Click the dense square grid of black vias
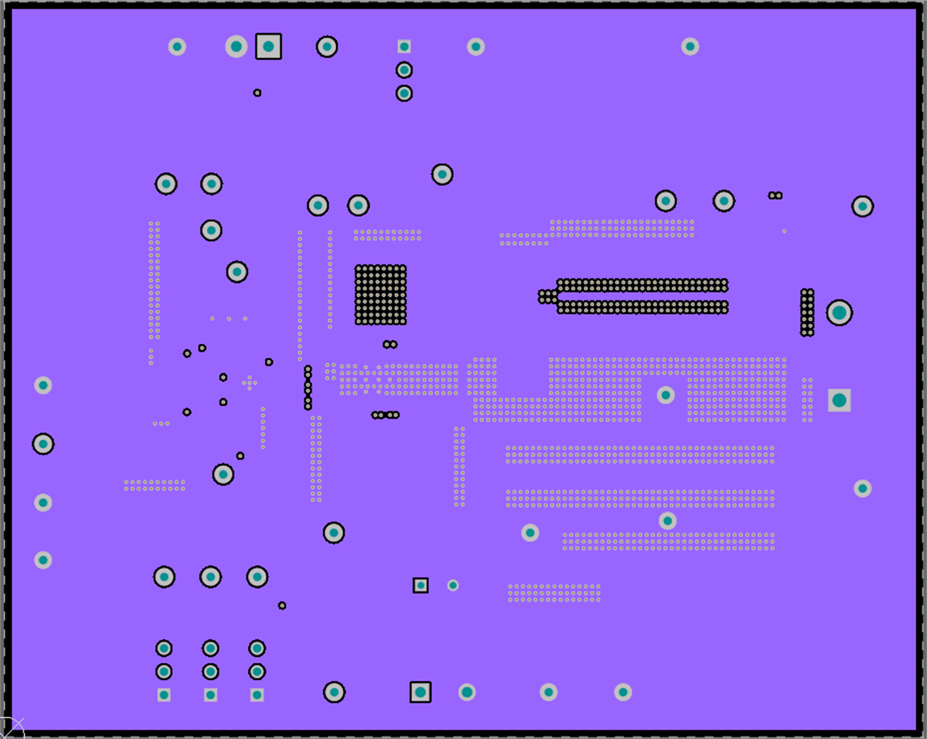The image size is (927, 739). click(380, 295)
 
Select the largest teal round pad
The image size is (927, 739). click(839, 312)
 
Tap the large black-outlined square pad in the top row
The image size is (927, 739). click(269, 47)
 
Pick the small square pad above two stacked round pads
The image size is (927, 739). click(404, 47)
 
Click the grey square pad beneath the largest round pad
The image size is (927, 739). click(839, 400)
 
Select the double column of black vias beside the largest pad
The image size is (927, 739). click(807, 312)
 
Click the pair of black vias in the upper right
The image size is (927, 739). click(775, 195)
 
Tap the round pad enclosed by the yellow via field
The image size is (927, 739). click(666, 395)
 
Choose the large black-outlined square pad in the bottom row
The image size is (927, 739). click(420, 692)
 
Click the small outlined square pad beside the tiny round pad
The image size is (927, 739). click(420, 585)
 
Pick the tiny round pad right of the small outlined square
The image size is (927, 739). click(453, 585)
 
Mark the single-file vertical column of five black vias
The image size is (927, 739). click(308, 387)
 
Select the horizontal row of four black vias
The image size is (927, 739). click(385, 415)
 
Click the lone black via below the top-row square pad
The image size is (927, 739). click(257, 93)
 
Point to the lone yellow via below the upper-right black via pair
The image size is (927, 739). click(784, 231)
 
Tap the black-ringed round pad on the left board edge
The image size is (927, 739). click(43, 443)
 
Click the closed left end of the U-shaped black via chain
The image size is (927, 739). click(546, 296)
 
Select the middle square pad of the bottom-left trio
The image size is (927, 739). click(211, 695)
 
